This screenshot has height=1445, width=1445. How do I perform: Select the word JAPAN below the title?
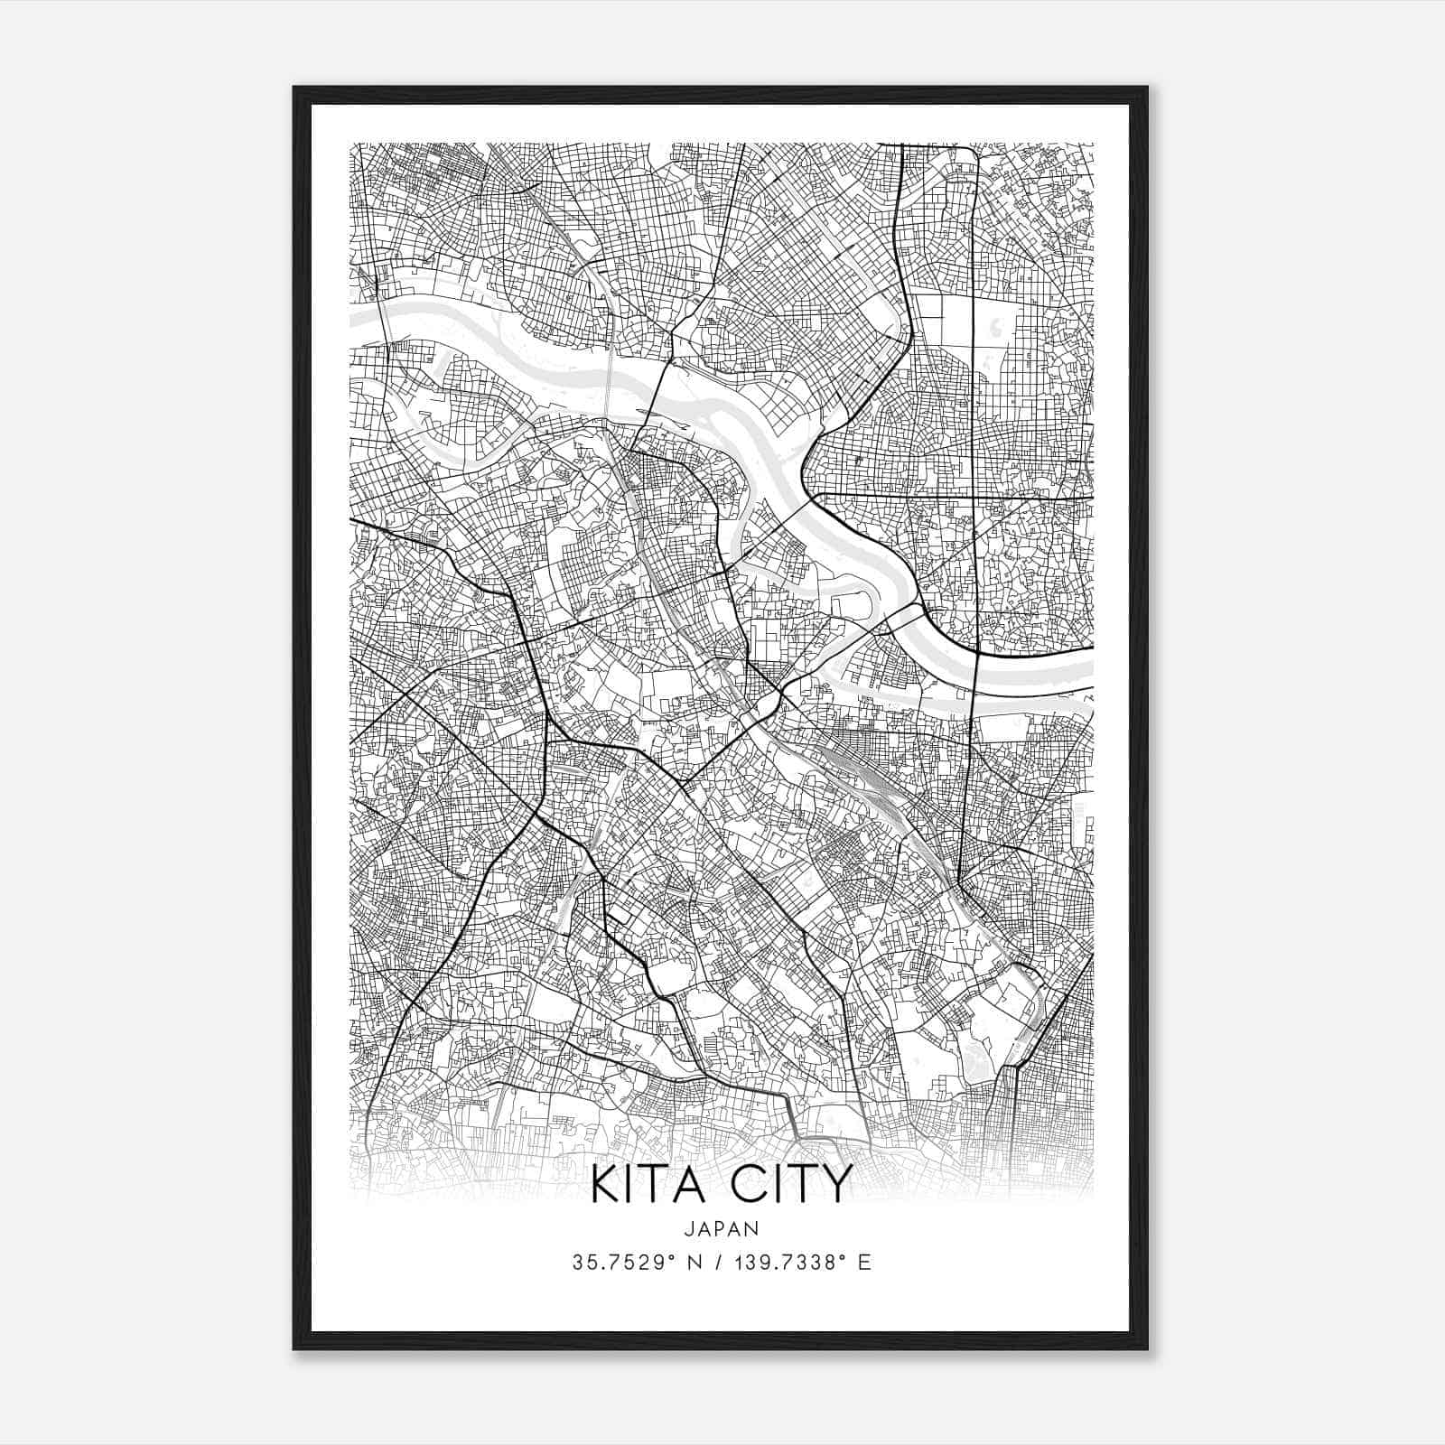click(722, 1228)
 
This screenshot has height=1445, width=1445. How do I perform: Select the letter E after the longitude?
click(864, 1262)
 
